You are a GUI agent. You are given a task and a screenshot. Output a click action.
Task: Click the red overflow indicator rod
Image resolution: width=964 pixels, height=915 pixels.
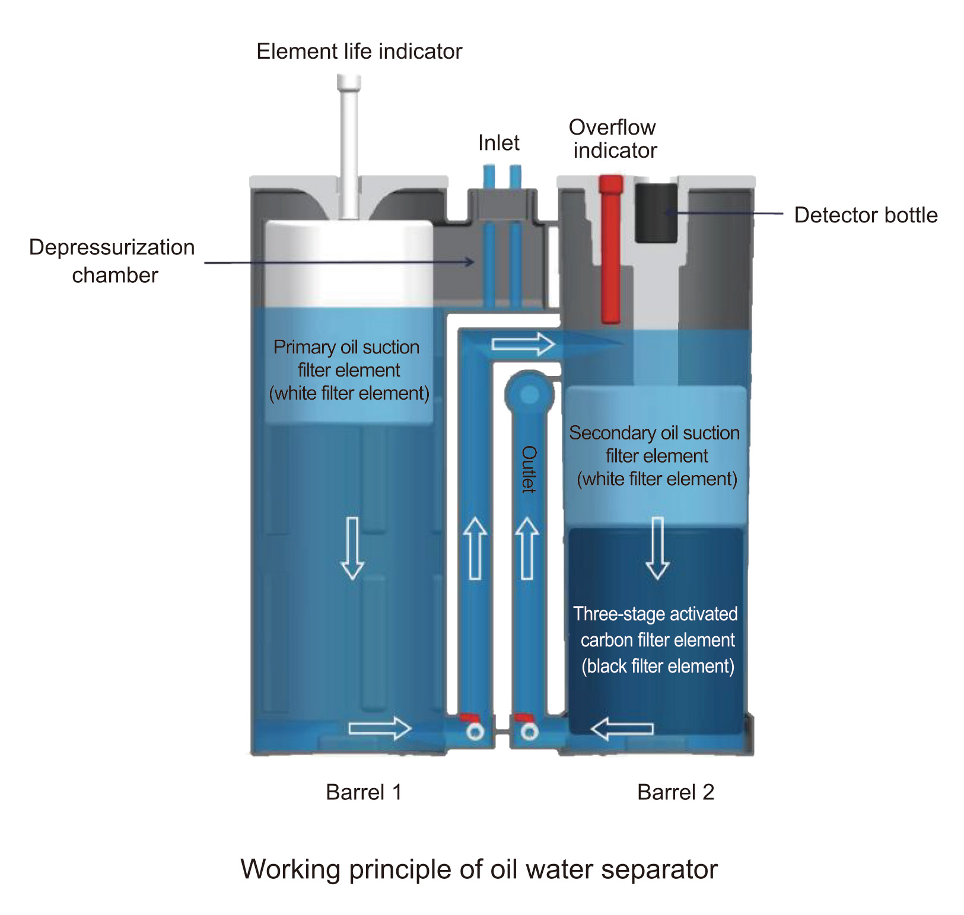[x=610, y=249]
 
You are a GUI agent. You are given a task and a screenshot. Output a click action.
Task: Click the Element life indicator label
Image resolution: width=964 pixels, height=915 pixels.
[x=359, y=52]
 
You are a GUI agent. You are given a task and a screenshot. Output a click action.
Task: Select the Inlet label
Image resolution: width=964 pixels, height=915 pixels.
[x=498, y=143]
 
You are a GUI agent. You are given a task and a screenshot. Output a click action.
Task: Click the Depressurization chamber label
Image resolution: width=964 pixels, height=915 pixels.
[x=112, y=261]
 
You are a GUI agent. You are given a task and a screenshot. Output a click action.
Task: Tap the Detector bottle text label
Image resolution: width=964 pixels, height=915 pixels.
[x=866, y=215]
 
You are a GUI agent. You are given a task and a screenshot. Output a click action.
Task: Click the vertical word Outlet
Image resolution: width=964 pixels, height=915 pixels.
[x=528, y=469]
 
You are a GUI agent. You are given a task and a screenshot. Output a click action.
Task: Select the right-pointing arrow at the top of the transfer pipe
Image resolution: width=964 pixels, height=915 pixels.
[x=523, y=344]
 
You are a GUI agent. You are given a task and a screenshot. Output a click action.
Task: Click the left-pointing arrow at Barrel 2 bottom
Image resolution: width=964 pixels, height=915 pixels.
[x=622, y=729]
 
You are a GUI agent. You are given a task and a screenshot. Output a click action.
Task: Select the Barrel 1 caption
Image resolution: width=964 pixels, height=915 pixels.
[x=364, y=792]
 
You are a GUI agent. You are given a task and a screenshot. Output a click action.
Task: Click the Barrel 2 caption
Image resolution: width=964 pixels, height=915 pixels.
[x=675, y=792]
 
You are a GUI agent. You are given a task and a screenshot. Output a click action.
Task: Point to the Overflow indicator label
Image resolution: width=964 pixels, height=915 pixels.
[x=613, y=139]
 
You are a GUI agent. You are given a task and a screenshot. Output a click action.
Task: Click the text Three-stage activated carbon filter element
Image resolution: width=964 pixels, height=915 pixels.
[x=656, y=640]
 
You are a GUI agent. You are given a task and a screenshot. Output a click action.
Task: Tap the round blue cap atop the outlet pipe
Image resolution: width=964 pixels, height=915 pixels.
[x=529, y=393]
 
